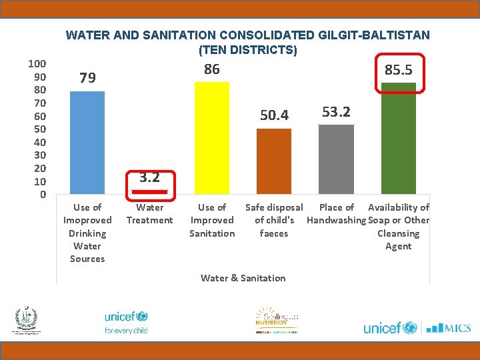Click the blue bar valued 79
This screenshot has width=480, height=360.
(87, 143)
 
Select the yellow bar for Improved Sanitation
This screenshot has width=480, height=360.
(211, 138)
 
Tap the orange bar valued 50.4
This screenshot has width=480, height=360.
(273, 161)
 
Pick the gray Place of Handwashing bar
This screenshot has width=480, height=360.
(336, 159)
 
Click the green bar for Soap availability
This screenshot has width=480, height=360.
(398, 139)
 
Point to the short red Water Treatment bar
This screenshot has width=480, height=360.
(149, 192)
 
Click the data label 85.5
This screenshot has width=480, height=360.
(398, 70)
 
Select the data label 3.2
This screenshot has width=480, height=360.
(149, 177)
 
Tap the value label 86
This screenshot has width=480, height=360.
(211, 69)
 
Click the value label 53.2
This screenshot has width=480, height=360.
(336, 111)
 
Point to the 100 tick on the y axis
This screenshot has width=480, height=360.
(37, 63)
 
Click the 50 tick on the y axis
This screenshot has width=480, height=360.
(39, 129)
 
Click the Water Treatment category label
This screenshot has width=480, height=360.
(149, 214)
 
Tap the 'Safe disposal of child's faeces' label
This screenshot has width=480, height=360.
(274, 220)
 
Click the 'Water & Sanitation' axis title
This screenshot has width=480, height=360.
(243, 278)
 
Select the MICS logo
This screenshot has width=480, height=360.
(448, 327)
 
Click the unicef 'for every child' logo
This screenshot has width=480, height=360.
(126, 322)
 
